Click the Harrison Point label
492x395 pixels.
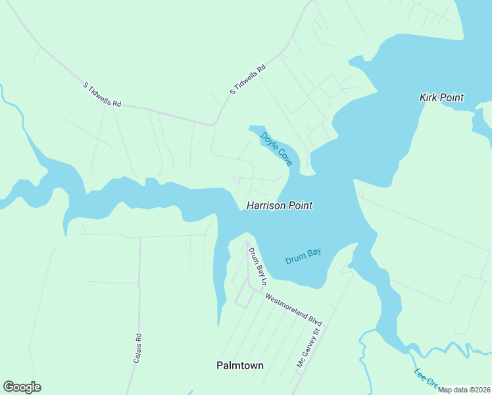point(279,205)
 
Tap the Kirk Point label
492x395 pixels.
point(441,97)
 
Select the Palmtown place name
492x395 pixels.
point(240,365)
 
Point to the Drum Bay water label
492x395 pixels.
point(303,256)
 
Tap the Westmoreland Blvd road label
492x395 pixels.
point(293,309)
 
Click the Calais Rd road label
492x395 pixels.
point(138,348)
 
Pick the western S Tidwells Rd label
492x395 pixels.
point(103,95)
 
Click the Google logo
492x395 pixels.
point(22,387)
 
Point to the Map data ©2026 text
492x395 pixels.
point(464,390)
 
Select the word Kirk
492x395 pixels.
point(430,97)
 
